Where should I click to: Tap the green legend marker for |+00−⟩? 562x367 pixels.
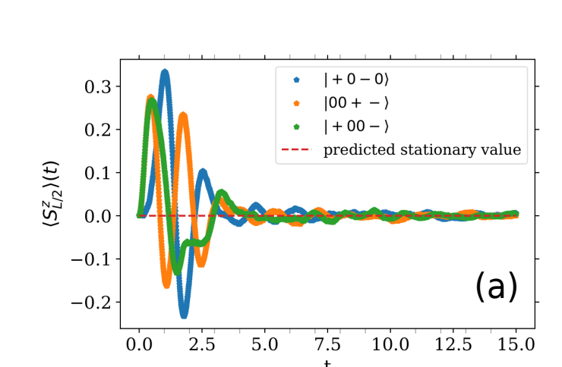click(295, 125)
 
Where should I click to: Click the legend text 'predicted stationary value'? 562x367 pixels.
click(421, 149)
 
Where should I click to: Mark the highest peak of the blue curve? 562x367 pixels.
click(164, 73)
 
